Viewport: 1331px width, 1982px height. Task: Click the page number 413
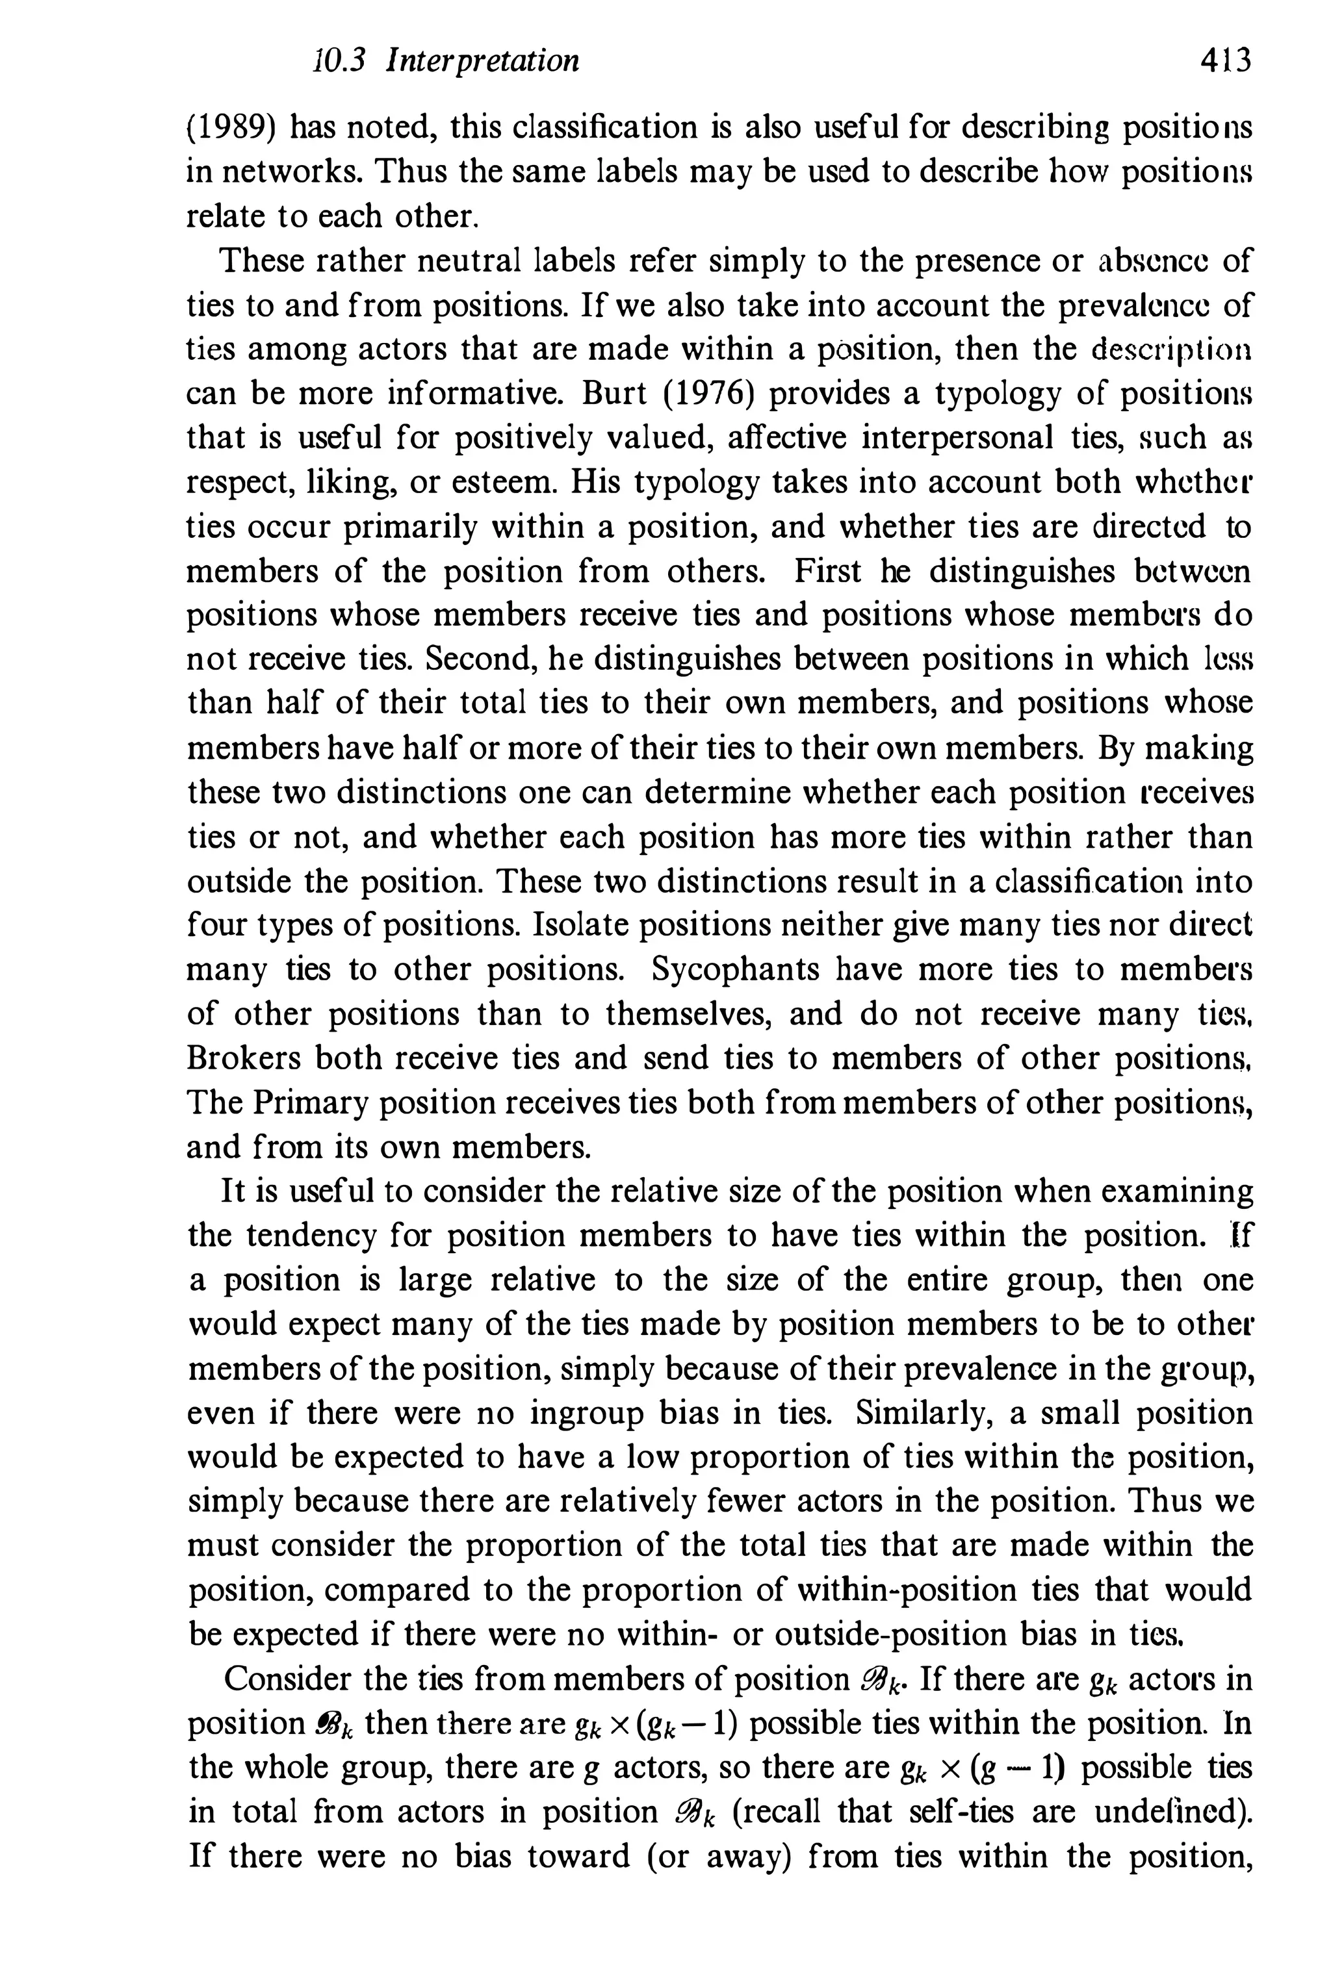coord(1226,61)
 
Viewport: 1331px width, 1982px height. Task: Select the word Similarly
coord(916,1414)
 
